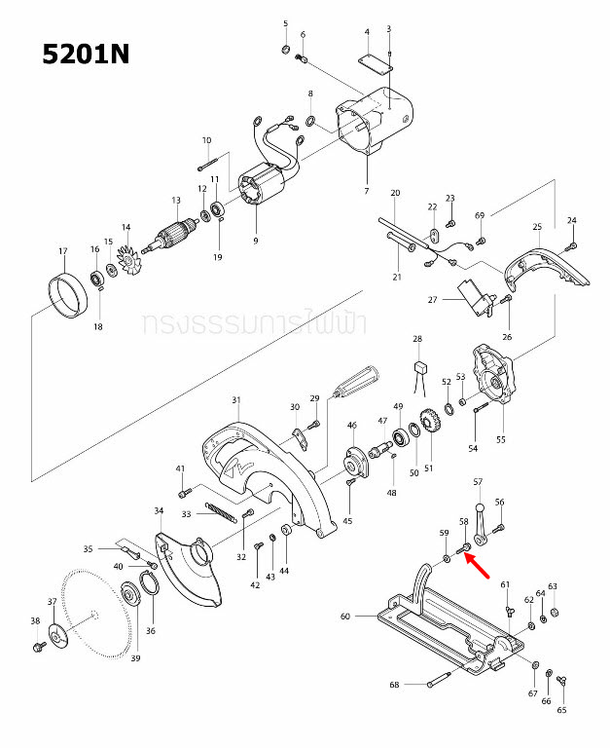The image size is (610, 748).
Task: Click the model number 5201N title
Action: (x=86, y=54)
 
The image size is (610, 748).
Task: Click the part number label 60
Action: (x=344, y=617)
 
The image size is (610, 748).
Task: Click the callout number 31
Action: (x=235, y=399)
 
